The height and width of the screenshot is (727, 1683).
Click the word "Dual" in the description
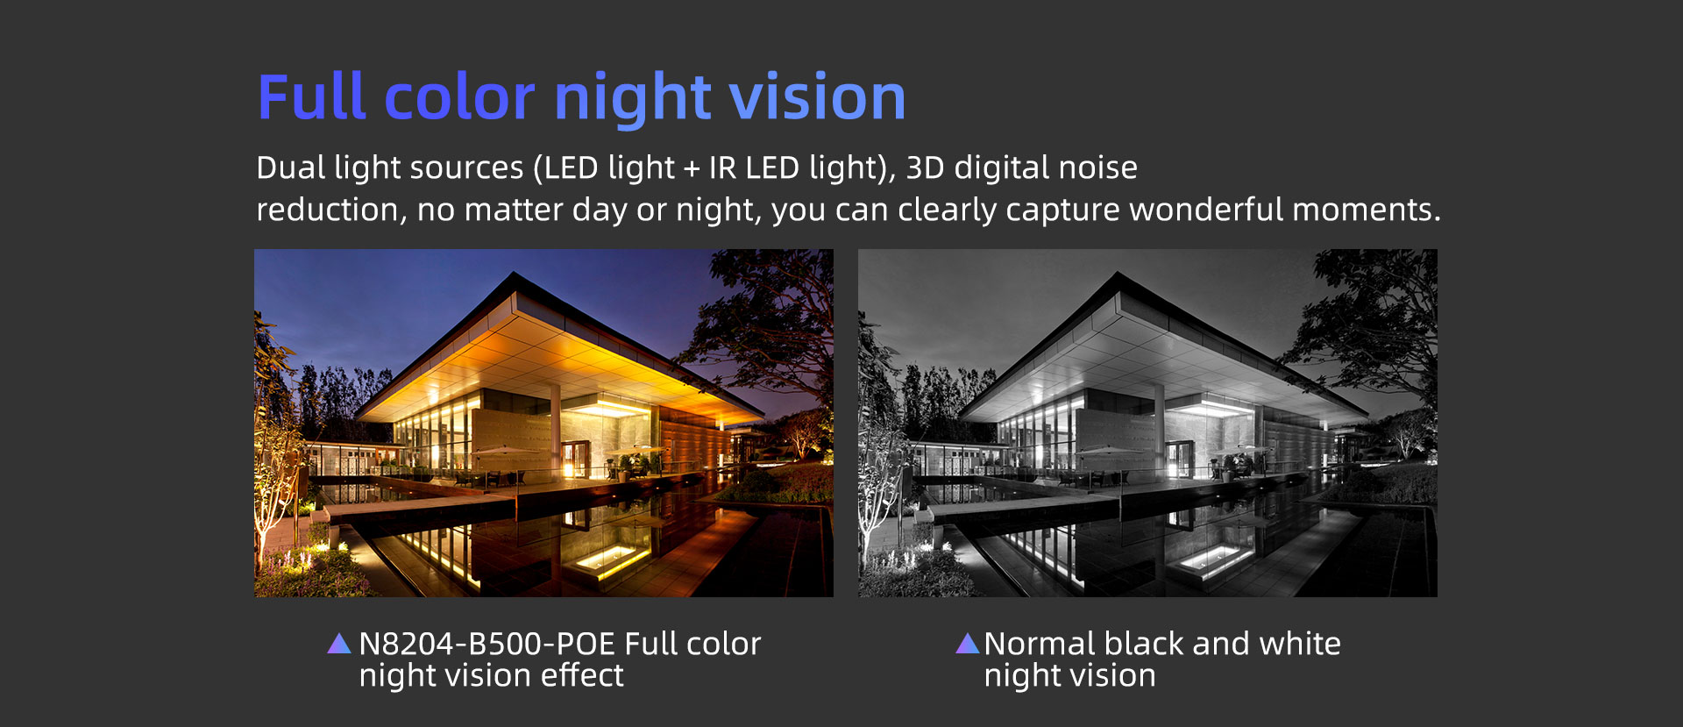coord(290,167)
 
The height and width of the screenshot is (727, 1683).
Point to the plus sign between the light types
coord(692,168)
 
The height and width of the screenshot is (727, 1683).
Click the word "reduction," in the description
coord(331,210)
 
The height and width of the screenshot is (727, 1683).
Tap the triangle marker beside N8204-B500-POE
coord(338,644)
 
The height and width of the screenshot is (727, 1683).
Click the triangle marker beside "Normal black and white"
coord(967,643)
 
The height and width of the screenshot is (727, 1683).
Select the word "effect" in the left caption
coord(581,675)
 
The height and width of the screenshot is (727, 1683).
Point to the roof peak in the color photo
coord(513,273)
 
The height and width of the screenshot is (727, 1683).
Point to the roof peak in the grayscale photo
coord(1117,273)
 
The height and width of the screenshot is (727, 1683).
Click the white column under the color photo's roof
coord(555,430)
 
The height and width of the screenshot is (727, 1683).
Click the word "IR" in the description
coord(723,167)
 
